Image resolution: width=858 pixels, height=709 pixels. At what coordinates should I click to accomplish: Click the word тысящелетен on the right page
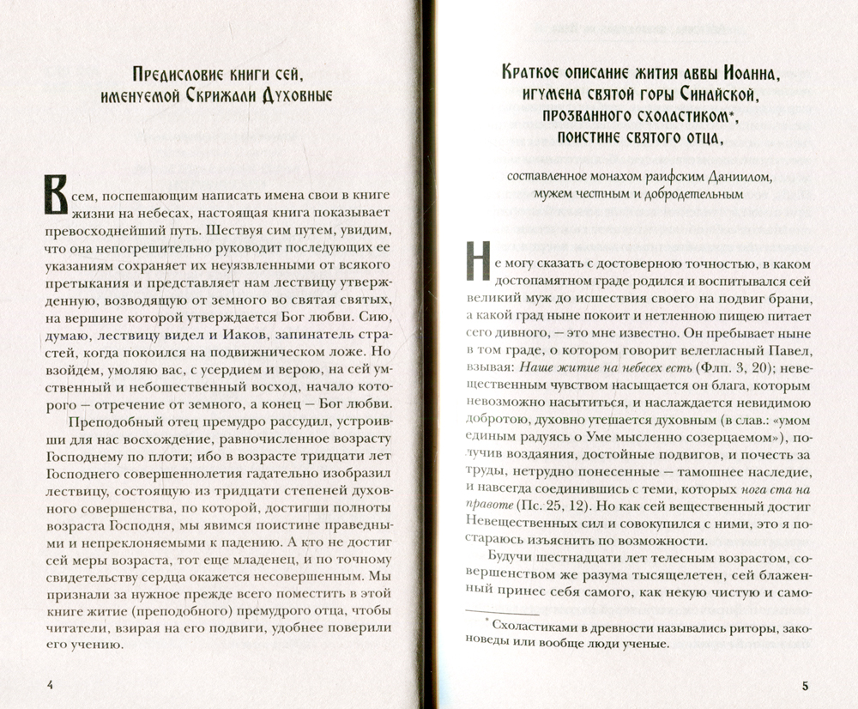point(663,572)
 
